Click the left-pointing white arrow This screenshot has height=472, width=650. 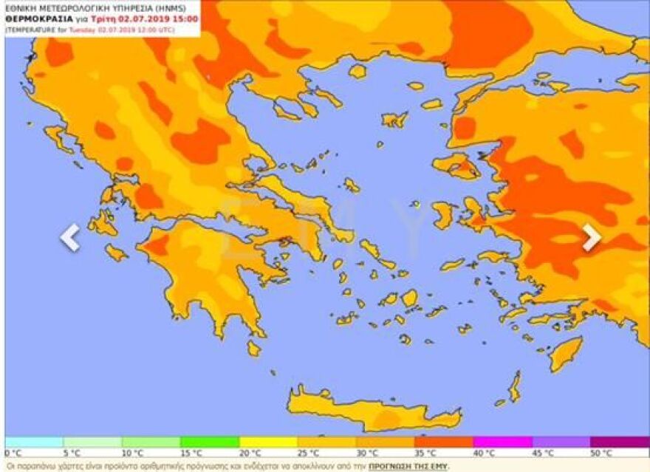click(x=69, y=237)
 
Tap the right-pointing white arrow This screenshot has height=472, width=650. click(x=591, y=237)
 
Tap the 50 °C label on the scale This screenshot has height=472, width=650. click(x=601, y=453)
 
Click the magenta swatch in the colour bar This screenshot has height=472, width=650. click(x=502, y=442)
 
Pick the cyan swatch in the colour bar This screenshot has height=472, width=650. click(x=34, y=442)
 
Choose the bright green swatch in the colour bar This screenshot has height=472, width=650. click(x=210, y=442)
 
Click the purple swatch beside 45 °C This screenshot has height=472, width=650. click(x=561, y=442)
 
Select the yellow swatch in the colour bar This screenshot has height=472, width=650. click(x=268, y=442)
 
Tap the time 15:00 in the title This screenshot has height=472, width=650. click(x=184, y=19)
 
